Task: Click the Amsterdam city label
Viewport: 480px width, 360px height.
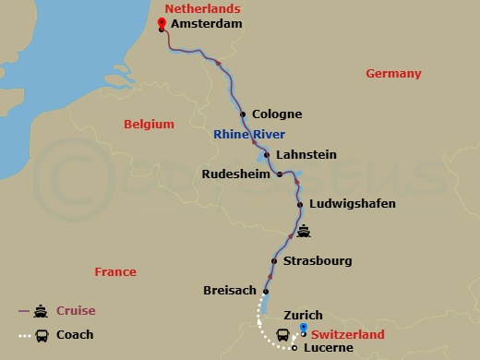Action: (x=207, y=24)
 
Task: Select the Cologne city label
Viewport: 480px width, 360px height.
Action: (x=277, y=114)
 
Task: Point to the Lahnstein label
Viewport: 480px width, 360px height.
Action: (x=306, y=154)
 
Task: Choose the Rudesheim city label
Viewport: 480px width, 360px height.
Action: (x=236, y=174)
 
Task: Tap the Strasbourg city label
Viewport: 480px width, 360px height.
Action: (x=318, y=261)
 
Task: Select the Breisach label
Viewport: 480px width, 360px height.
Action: (x=229, y=291)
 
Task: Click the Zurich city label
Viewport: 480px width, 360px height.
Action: (x=303, y=315)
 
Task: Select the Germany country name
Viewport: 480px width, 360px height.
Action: (x=393, y=74)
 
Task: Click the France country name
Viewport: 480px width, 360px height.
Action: (x=115, y=271)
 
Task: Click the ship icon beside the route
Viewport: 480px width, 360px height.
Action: (x=304, y=233)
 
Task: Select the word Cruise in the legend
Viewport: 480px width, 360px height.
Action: (x=76, y=311)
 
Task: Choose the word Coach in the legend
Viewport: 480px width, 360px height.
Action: (x=75, y=335)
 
